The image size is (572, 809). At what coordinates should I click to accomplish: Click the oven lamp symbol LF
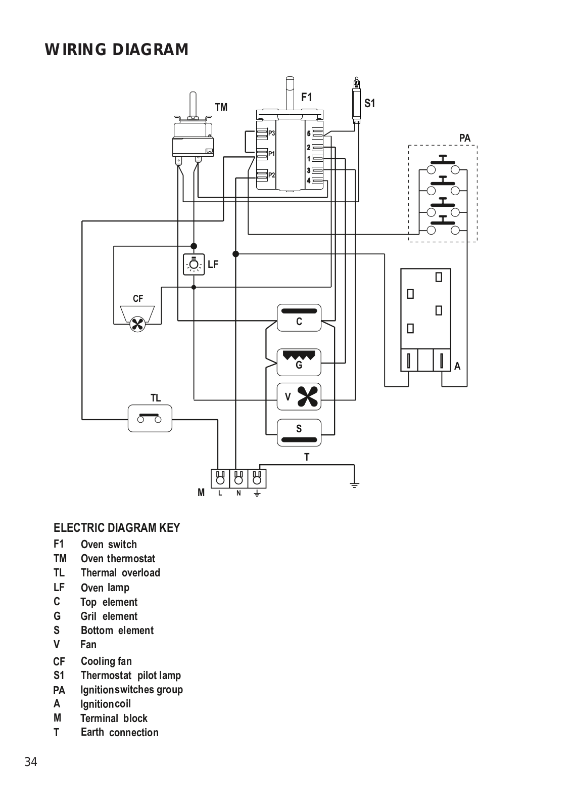coord(194,264)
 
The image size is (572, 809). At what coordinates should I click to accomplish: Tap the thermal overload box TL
coord(150,418)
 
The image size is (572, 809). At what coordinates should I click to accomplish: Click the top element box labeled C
coord(299,318)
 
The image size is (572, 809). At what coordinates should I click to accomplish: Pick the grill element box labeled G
coord(299,362)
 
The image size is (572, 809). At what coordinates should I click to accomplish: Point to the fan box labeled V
coord(299,396)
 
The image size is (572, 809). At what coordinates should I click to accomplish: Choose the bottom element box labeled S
coord(299,433)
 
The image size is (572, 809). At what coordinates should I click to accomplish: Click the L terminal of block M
coord(220,478)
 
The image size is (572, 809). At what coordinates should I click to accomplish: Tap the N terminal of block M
coord(239,478)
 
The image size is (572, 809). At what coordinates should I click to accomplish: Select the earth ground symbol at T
coord(354,484)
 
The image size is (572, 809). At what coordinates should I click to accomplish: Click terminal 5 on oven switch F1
coord(317,133)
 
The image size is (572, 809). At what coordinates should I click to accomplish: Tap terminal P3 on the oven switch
coord(262,133)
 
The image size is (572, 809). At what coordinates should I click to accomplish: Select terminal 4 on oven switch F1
coord(317,181)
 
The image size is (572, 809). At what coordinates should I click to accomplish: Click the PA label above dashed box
coord(464,138)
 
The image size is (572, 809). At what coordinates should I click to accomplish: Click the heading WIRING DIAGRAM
coord(117,50)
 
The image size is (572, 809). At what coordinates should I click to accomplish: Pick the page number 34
coord(31,762)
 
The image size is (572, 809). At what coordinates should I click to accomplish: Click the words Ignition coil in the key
coord(106,704)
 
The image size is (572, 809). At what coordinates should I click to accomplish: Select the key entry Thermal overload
coord(120,573)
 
